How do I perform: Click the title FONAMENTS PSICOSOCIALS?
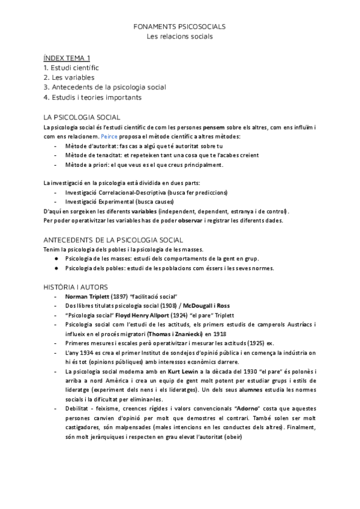[180, 27]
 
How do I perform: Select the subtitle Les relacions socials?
[180, 37]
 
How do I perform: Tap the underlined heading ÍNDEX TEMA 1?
[67, 58]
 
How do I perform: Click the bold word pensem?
[215, 128]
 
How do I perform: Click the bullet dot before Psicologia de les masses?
[56, 259]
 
